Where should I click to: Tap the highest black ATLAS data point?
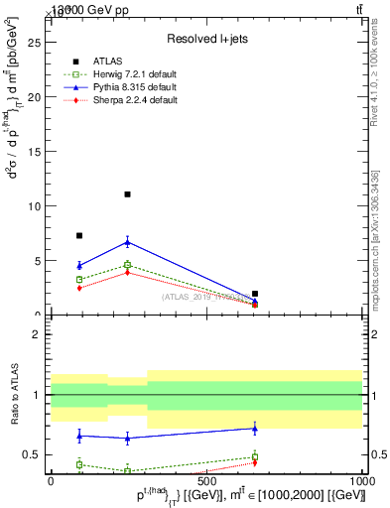pos(127,194)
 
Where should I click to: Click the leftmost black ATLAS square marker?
pos(79,235)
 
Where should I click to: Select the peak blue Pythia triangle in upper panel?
pos(127,241)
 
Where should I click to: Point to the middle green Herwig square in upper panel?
pos(127,265)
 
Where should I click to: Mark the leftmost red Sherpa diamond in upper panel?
pos(79,288)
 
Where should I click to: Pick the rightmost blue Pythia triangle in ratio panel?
pos(255,429)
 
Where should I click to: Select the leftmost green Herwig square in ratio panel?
pos(79,464)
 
